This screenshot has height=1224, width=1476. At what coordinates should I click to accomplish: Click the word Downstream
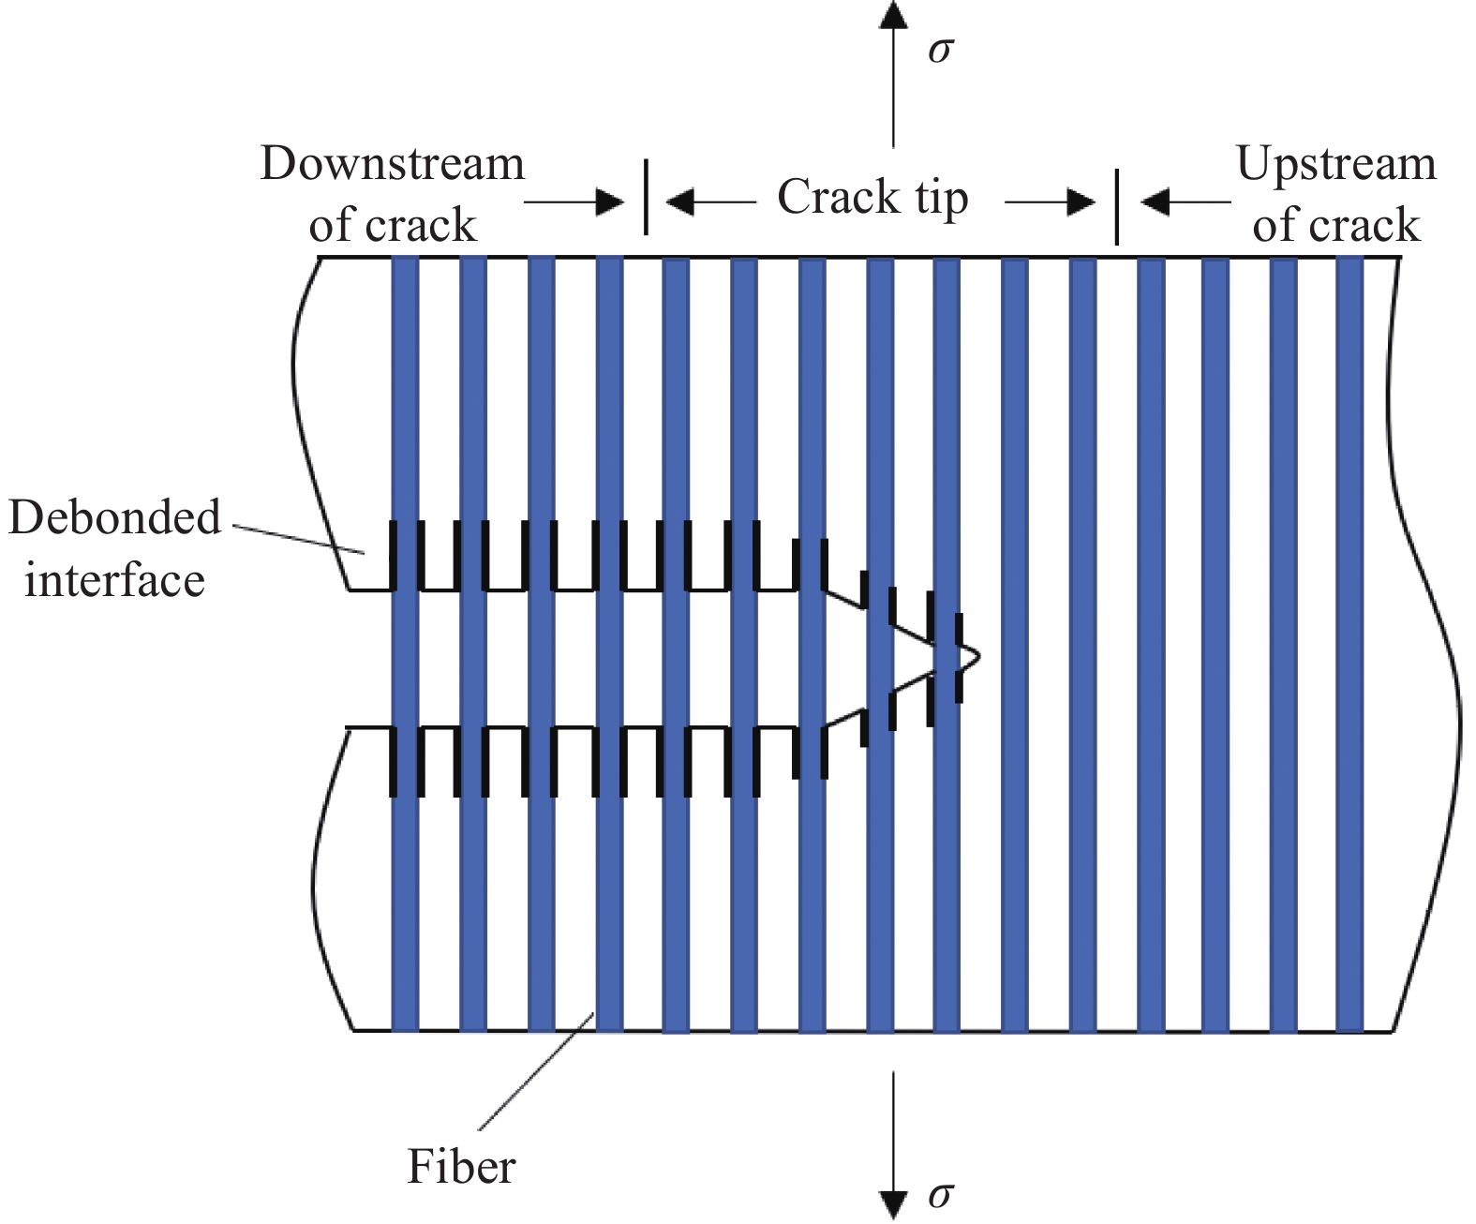tap(392, 164)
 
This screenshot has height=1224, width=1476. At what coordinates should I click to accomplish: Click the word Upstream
tap(1335, 164)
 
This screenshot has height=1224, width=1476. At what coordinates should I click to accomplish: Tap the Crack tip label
tap(872, 199)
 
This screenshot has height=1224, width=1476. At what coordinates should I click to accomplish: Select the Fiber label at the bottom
tap(461, 1168)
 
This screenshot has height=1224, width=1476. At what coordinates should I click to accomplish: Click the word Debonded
tap(114, 517)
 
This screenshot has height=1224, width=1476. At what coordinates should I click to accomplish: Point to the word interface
tap(114, 579)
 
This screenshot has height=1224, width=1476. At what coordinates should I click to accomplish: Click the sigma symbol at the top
tap(939, 50)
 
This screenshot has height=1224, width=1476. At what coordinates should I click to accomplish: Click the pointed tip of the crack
tap(977, 655)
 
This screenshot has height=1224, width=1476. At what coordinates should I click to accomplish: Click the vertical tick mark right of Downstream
tap(646, 197)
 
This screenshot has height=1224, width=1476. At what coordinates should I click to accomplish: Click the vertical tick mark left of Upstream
tap(1116, 206)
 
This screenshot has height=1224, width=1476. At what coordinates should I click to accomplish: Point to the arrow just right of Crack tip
tap(1050, 202)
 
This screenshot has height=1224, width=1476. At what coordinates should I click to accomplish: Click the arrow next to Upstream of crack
tap(1185, 202)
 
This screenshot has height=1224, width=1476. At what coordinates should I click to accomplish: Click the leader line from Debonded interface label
tap(300, 539)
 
